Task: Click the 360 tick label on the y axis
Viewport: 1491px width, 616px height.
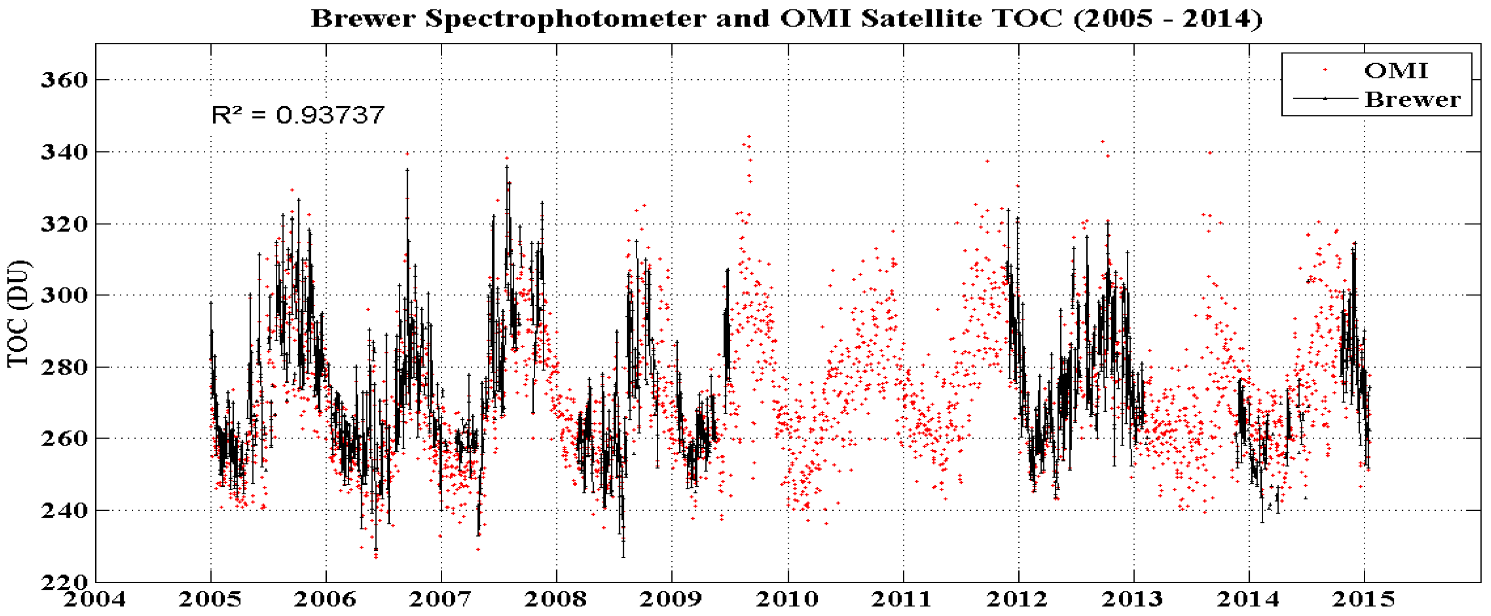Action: click(64, 80)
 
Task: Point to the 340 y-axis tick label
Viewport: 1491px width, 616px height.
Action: click(64, 152)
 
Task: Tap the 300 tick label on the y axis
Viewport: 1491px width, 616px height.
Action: click(64, 296)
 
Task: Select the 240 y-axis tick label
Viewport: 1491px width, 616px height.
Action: click(64, 511)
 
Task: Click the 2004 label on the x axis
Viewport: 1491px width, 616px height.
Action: click(94, 599)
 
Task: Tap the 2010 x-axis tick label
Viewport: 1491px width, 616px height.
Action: click(787, 599)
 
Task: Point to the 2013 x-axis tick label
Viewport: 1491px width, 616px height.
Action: click(1132, 599)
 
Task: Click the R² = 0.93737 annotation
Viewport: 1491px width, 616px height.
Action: click(298, 115)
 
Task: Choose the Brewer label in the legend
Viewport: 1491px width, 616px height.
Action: click(1412, 99)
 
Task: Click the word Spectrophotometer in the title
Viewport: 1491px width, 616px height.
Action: click(566, 19)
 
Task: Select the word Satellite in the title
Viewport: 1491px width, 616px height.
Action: click(922, 19)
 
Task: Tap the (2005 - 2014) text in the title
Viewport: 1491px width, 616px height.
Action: click(1168, 19)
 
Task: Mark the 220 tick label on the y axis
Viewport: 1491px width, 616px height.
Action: click(64, 581)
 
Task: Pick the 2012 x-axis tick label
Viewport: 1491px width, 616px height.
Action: click(1017, 599)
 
